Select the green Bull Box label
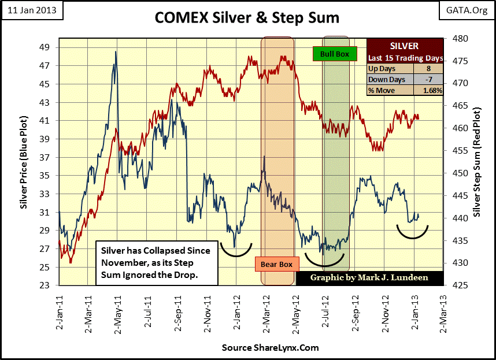[330, 54]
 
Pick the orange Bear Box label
[276, 265]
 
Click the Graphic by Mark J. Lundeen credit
[369, 277]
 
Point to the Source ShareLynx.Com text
[270, 348]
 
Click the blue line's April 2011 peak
[116, 51]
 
